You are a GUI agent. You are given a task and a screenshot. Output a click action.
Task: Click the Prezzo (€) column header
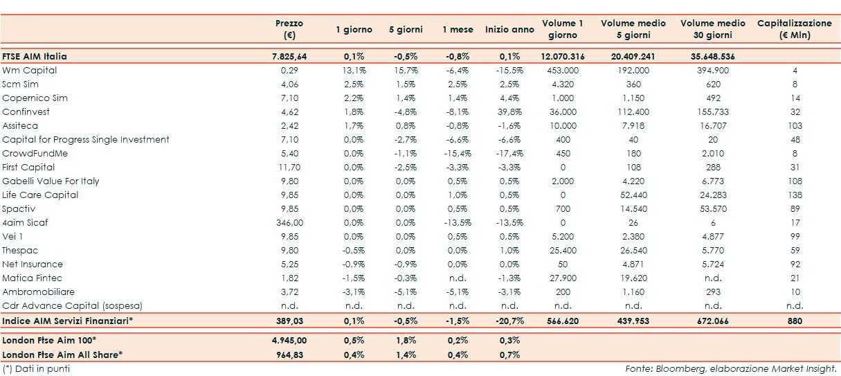[x=289, y=29]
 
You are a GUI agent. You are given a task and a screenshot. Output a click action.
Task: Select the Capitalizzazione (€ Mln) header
[x=794, y=29]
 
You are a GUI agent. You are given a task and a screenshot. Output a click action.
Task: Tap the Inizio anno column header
[x=509, y=30]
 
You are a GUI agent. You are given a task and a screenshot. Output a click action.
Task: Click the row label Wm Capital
[x=30, y=71]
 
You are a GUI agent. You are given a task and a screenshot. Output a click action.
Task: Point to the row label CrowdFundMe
[x=35, y=154]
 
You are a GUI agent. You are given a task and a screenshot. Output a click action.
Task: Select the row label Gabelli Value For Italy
[x=51, y=181]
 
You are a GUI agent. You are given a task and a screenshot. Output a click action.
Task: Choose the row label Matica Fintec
[x=32, y=278]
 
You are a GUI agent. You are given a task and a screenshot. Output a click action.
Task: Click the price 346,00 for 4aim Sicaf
[x=289, y=223]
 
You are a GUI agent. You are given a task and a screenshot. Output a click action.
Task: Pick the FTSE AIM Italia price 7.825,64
[x=289, y=57]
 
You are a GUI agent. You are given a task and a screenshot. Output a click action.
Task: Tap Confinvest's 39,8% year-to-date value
[x=509, y=112]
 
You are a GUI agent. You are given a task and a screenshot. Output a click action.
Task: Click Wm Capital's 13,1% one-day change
[x=354, y=71]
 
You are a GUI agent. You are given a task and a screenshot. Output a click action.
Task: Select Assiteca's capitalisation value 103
[x=795, y=126]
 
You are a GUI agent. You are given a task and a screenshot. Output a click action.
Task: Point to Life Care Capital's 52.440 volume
[x=633, y=195]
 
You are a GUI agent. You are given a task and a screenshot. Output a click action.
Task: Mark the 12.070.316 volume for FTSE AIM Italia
[x=562, y=57]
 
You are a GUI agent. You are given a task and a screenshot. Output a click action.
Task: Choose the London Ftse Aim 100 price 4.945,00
[x=289, y=341]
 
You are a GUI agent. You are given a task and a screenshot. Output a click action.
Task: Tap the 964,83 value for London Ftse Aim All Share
[x=289, y=355]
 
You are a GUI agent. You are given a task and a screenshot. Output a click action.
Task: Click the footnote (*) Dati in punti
[x=36, y=368]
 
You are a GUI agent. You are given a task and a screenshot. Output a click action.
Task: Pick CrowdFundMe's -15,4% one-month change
[x=457, y=154]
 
